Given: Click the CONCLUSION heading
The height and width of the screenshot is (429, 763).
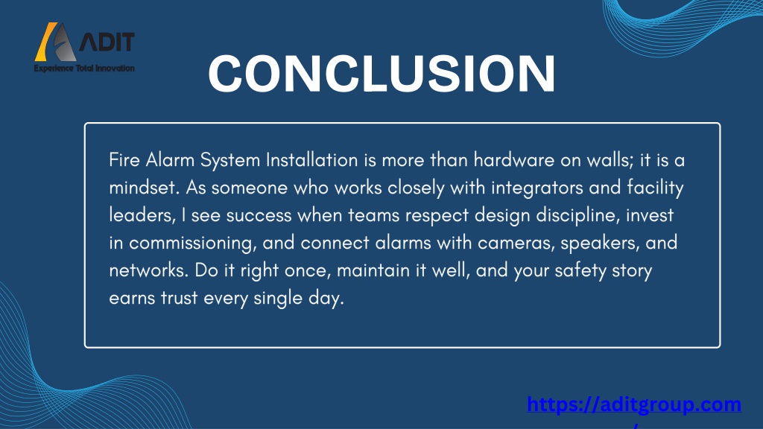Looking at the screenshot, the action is [382, 73].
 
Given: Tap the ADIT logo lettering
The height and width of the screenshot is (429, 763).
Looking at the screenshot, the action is [107, 42].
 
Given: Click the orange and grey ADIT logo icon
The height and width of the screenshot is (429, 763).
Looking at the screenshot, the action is [55, 42].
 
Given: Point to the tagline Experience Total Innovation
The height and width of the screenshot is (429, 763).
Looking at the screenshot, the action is [84, 68].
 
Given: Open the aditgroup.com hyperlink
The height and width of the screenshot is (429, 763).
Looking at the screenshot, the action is [634, 404].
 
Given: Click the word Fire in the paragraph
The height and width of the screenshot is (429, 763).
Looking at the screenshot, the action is [124, 160].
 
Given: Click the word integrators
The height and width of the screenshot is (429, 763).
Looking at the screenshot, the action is [536, 188].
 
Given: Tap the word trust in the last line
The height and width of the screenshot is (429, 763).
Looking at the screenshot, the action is [179, 299].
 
